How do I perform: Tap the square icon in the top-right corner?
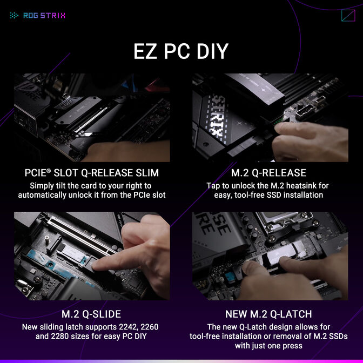(x=348, y=16)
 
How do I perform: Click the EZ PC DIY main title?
(x=181, y=51)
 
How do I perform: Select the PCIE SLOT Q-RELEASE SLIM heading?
(x=92, y=173)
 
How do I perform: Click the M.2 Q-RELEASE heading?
(x=268, y=173)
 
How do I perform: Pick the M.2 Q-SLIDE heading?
(x=92, y=314)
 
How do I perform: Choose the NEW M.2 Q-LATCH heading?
(x=268, y=314)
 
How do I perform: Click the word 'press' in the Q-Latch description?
(x=291, y=346)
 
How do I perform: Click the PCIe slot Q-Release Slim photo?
(x=92, y=118)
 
